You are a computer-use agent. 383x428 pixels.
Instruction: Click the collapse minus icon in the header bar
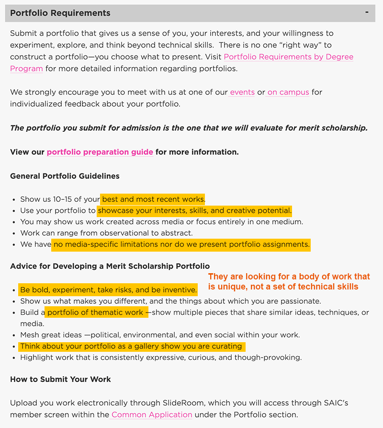[367, 12]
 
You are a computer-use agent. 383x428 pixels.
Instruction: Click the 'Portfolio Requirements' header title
[60, 13]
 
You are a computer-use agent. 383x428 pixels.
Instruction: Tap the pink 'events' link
[242, 92]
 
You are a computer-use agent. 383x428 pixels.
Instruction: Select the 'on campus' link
[288, 92]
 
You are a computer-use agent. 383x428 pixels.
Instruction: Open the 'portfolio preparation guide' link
[100, 152]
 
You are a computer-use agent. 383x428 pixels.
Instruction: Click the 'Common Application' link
[152, 415]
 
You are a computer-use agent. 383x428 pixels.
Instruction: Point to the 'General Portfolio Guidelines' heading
[65, 176]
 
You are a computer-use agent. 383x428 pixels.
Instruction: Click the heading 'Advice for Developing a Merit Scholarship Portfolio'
[110, 266]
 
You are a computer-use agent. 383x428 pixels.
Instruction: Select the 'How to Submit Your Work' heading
[60, 379]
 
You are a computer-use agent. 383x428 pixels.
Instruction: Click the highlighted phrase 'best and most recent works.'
[153, 199]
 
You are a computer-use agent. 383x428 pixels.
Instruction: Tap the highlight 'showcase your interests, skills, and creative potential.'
[194, 210]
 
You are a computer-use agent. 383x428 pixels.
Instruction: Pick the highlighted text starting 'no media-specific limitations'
[181, 244]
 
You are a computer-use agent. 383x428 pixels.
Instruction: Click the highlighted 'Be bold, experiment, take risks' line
[108, 290]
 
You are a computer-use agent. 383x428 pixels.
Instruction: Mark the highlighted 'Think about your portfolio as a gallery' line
[131, 346]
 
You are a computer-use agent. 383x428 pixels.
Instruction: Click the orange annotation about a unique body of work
[289, 281]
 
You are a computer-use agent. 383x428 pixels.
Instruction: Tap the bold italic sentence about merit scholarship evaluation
[189, 127]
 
